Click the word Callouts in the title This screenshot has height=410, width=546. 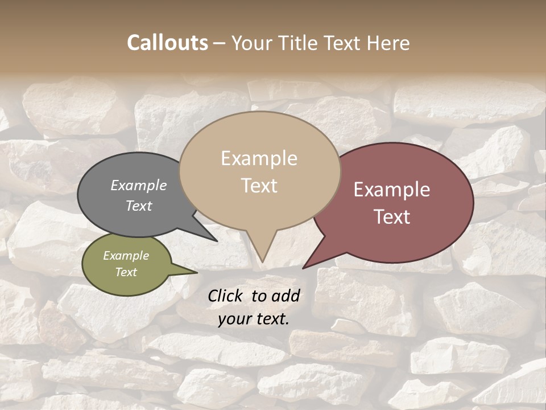pos(167,43)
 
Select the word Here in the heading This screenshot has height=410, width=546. pos(388,43)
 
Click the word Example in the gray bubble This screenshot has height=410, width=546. pos(139,185)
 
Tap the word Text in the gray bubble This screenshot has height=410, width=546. pos(139,206)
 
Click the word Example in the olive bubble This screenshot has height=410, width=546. pos(126,256)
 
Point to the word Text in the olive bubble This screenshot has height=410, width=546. pos(126,272)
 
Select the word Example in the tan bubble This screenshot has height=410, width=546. pos(259,158)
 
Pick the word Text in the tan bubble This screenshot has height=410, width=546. pos(259,186)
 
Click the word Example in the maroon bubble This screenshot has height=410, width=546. pos(392,190)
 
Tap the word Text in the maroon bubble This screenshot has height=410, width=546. pos(392,217)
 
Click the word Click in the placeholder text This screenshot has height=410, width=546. pos(225,296)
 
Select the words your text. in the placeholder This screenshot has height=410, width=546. pos(254,319)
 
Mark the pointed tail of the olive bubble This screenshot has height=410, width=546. pos(195,273)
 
